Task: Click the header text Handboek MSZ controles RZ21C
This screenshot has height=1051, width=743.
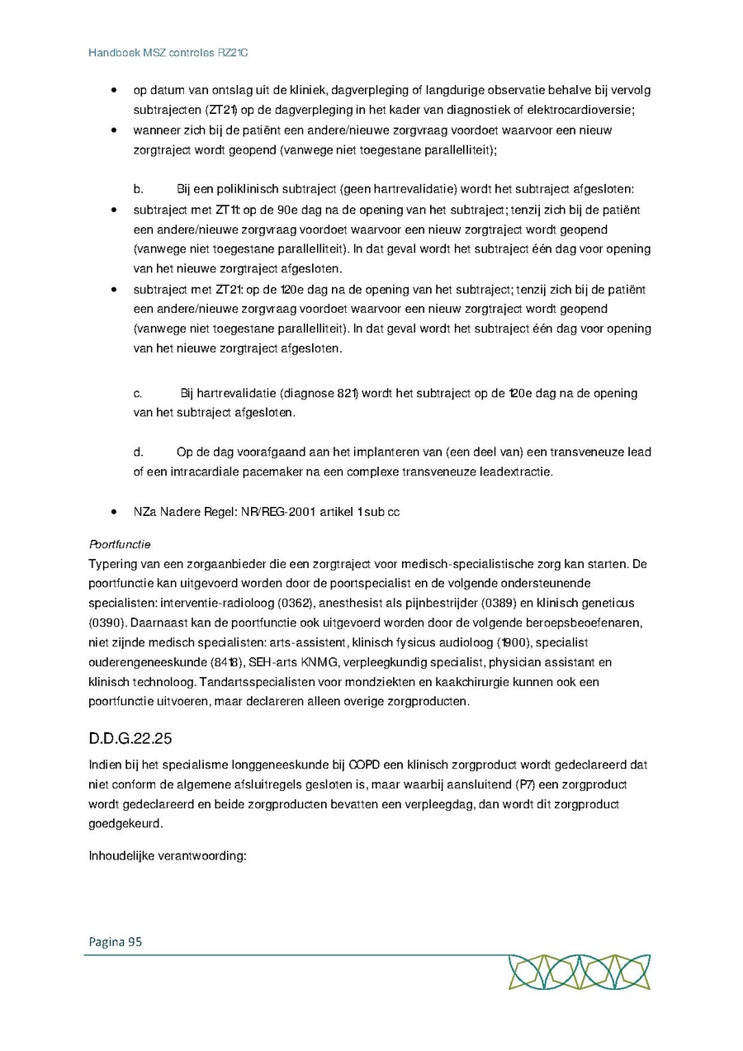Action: [168, 53]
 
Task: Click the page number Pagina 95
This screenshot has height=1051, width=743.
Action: [116, 941]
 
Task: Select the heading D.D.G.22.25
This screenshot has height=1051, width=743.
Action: [130, 737]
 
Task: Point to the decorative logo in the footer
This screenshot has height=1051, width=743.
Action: [579, 971]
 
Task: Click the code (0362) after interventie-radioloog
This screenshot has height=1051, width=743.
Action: [305, 603]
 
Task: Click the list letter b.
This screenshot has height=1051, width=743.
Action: [139, 189]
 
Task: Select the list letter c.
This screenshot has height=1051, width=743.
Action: [138, 393]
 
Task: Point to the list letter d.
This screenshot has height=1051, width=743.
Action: [139, 452]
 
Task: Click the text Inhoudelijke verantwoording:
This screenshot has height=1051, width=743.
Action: [168, 855]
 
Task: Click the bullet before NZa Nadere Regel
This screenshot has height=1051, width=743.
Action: [112, 512]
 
